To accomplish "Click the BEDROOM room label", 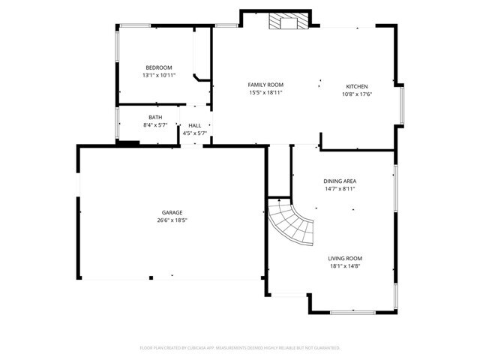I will coord(158,67).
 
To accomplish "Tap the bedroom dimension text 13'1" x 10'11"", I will coord(158,75).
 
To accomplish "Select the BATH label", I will coord(154,118).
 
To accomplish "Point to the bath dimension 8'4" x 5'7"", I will coord(154,125).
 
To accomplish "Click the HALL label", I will coord(194,125).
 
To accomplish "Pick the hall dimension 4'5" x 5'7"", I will coord(194,133).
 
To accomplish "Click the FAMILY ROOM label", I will coord(265,85).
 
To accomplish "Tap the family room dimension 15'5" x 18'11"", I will coord(265,93).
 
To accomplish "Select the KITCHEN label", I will coord(357,86).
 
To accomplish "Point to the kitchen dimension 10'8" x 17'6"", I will coord(357,94).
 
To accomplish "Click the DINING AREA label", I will coord(339,181).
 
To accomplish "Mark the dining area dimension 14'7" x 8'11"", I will coord(339,189).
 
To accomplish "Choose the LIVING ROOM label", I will coord(344,258).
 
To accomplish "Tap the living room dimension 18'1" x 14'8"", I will coord(344,265).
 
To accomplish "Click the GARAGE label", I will coord(172,212).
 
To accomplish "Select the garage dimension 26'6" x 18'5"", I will coord(172,220).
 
